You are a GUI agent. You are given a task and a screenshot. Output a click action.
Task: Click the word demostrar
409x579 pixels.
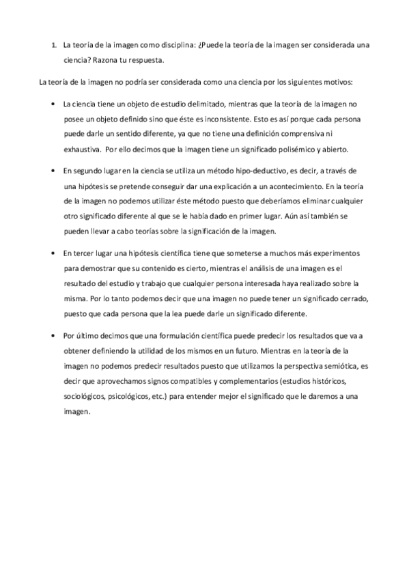tap(99, 268)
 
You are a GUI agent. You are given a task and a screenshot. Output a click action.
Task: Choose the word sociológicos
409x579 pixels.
tap(85, 395)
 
